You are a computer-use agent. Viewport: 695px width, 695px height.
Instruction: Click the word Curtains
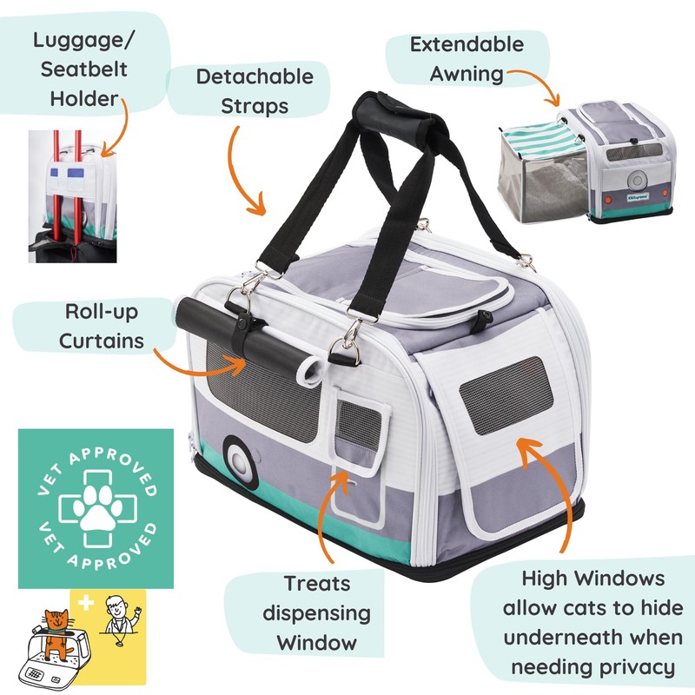coord(102,340)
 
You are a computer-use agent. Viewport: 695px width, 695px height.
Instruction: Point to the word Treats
coord(316,583)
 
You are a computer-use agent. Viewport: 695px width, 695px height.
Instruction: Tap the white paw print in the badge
coord(87,507)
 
